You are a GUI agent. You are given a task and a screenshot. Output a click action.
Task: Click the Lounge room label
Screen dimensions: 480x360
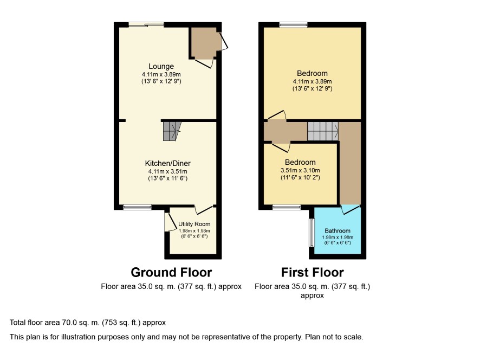[161, 66]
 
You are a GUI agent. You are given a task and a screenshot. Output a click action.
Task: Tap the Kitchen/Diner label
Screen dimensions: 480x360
[168, 163]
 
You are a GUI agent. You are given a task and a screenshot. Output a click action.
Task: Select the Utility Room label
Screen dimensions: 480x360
[194, 224]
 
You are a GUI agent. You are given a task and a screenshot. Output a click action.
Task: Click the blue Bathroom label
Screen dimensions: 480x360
[338, 231]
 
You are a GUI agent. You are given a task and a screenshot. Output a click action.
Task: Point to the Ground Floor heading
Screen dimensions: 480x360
[171, 272]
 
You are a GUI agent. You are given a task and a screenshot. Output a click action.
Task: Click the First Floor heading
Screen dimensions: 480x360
[312, 272]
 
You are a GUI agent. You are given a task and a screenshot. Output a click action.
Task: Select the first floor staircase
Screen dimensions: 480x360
[323, 131]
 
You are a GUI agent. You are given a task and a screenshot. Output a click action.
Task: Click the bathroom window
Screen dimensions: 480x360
[312, 233]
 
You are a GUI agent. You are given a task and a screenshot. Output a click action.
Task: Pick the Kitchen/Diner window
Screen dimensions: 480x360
[138, 208]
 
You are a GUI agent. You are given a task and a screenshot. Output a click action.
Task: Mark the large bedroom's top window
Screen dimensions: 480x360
[293, 25]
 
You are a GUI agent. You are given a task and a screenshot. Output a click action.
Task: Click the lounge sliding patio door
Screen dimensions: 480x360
[146, 24]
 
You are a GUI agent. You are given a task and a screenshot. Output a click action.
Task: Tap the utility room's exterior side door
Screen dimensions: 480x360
[168, 222]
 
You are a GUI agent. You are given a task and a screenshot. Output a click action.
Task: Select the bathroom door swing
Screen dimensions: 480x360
[351, 210]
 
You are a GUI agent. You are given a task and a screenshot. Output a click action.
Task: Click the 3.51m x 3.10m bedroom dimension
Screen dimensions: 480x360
[300, 170]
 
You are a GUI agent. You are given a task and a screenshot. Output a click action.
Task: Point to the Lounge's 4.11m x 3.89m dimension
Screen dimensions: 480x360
[161, 74]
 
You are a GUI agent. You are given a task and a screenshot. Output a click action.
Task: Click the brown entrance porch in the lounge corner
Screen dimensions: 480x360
[204, 43]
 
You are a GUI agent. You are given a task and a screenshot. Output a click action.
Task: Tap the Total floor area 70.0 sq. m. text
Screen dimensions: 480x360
[88, 322]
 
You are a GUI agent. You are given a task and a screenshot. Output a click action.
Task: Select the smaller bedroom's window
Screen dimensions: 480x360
[287, 208]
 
